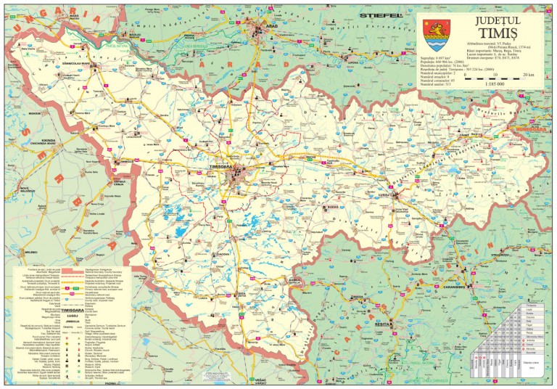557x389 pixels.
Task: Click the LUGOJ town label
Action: [385, 194]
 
